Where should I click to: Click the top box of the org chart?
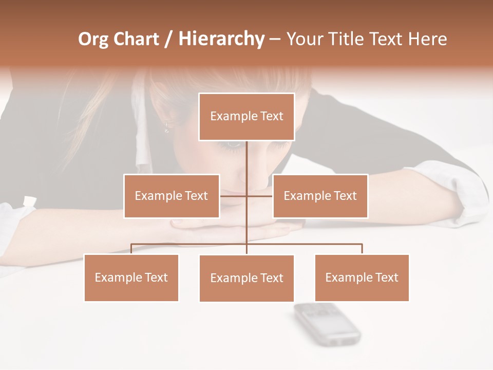coord(246,117)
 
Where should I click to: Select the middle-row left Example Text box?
coord(172,196)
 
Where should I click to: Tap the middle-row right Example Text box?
coord(320,196)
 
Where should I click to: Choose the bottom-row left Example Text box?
coord(131,278)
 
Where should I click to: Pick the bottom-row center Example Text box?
coord(246,279)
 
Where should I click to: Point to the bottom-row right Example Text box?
coord(362,278)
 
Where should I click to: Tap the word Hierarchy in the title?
coord(221,39)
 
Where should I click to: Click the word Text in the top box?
coord(271,116)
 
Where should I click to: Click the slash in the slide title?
coord(168,40)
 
